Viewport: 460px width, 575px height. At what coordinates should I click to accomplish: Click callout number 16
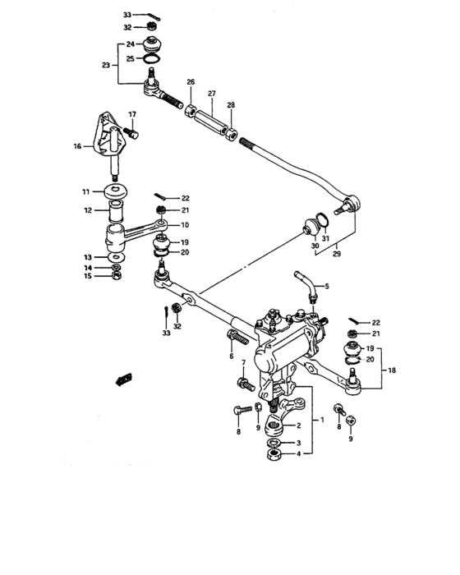(x=78, y=148)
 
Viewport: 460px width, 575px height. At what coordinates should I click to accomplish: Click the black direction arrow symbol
(x=125, y=379)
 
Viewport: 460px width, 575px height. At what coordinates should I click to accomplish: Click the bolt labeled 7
(x=244, y=383)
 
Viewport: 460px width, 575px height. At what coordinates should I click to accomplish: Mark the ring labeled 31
(x=326, y=218)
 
